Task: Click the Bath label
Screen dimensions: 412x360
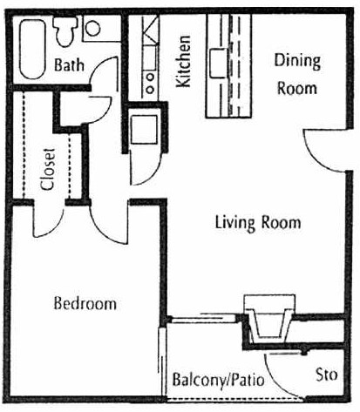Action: [69, 65]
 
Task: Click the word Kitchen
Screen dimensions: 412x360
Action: [183, 61]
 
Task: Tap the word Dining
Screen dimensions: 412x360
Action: [297, 61]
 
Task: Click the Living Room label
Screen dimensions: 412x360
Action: [257, 222]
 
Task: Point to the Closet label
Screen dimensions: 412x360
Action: [49, 169]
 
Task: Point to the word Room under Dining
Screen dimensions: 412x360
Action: [297, 88]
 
